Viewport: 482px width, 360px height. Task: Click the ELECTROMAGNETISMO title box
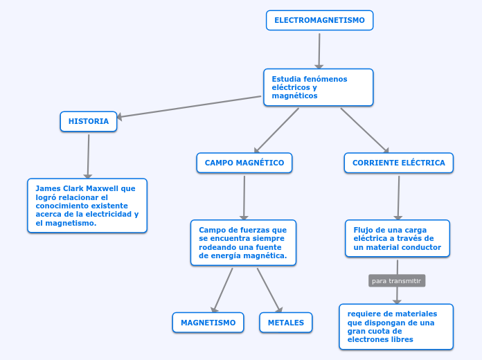coord(319,21)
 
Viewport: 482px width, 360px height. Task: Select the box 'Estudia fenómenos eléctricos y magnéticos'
coord(318,87)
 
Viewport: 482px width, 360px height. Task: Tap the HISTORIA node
coord(89,122)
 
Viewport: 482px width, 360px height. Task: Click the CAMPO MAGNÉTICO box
coord(244,163)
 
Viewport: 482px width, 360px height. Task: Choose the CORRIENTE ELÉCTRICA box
coord(398,163)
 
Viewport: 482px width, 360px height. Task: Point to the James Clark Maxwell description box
coord(87,206)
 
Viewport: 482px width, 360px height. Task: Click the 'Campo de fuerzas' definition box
coord(243,242)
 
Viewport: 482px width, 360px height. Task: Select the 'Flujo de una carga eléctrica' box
coord(397,239)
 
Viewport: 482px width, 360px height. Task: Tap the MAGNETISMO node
coord(208,323)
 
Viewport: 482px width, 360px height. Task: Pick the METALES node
coord(285,323)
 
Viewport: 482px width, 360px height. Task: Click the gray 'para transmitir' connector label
coord(396,281)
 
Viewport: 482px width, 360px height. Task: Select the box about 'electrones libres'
coord(395,326)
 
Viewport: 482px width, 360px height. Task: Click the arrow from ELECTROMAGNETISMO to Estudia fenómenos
coord(319,50)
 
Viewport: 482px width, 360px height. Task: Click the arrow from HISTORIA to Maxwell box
coord(89,156)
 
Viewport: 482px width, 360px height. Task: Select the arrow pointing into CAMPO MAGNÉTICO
coord(277,130)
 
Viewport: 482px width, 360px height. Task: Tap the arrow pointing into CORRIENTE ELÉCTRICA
coord(364,130)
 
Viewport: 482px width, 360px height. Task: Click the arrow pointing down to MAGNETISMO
coord(223,291)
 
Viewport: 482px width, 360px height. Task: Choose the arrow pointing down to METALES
coord(269,291)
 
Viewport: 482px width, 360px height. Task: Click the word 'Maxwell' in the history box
coord(101,188)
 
